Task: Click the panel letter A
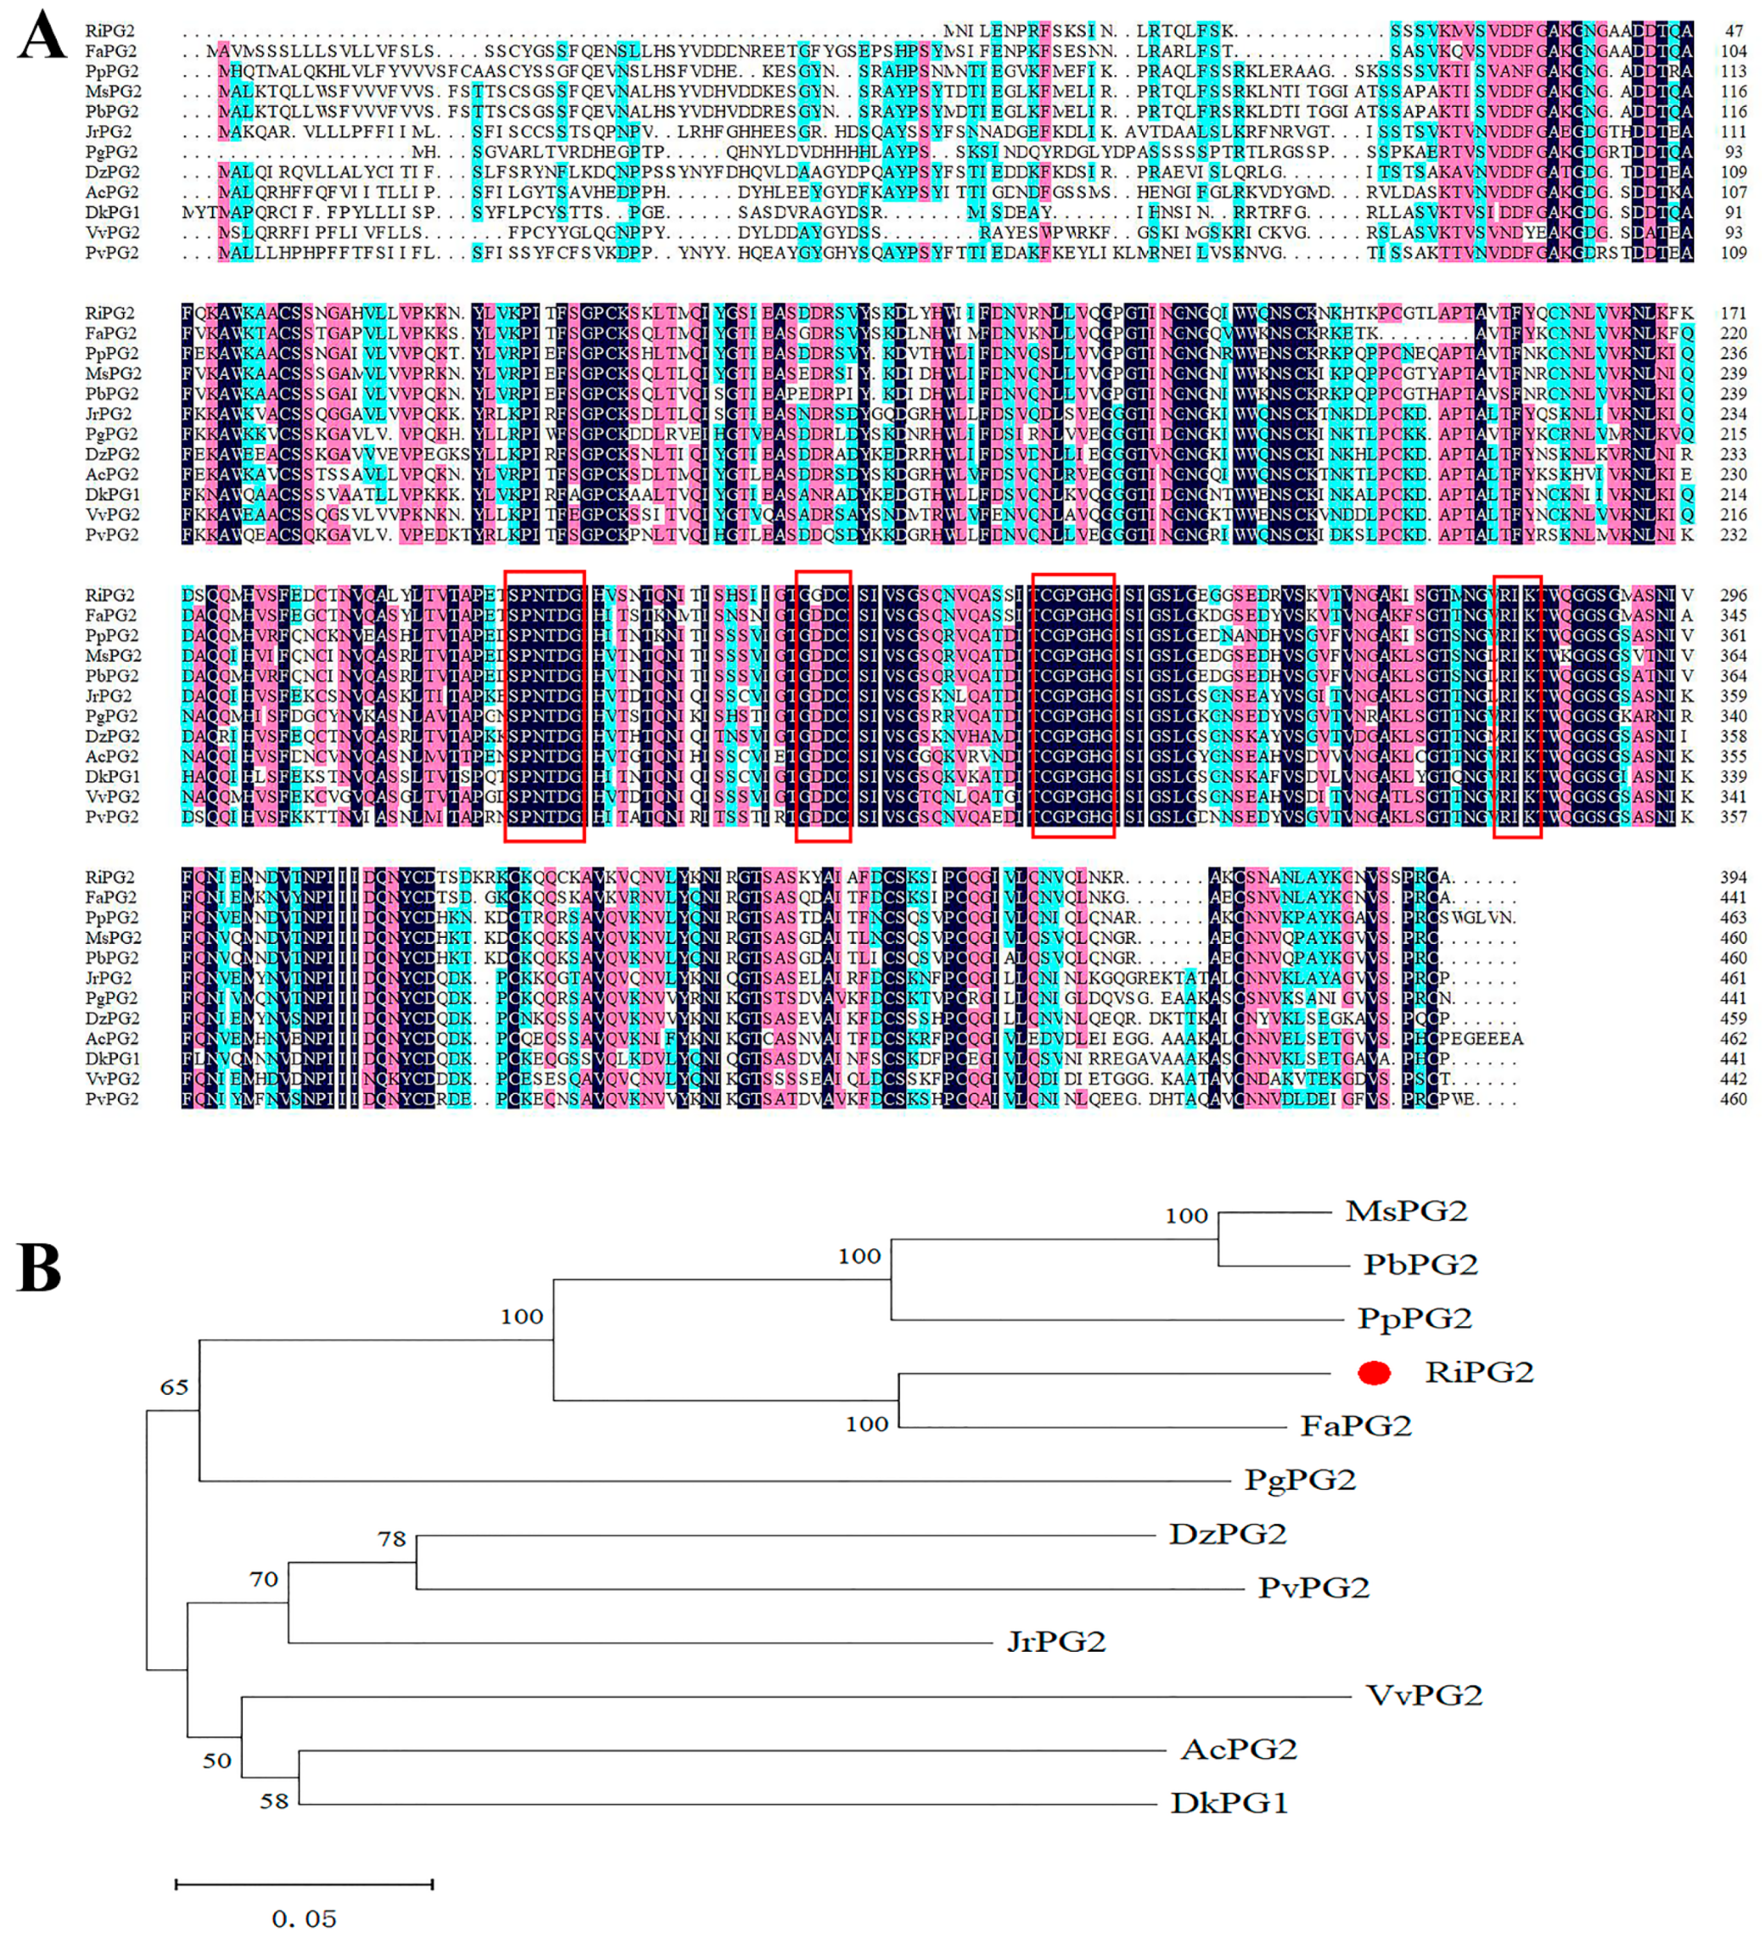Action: (x=42, y=39)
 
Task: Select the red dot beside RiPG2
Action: (x=1373, y=1372)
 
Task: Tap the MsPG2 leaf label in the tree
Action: (x=1405, y=1211)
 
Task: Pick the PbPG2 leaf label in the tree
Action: (x=1420, y=1264)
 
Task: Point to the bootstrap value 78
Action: (x=392, y=1539)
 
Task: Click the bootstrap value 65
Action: (x=174, y=1387)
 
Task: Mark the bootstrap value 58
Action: (x=274, y=1801)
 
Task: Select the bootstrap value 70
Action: (x=263, y=1580)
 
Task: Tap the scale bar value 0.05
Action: (x=304, y=1919)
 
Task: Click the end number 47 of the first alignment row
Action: (x=1733, y=31)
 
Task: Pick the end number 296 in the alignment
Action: (x=1733, y=595)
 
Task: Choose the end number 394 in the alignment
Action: (x=1733, y=877)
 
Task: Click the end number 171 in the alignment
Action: (x=1733, y=313)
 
